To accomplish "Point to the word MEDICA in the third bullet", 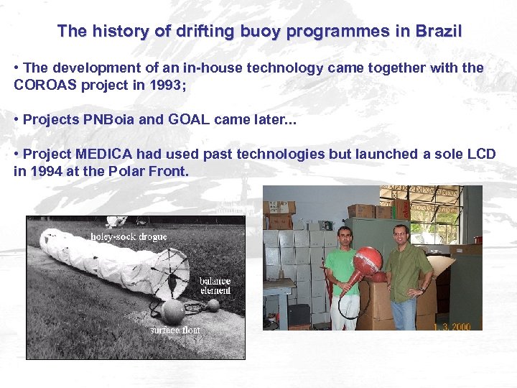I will pos(98,154).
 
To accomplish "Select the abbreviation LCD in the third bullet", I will pos(482,154).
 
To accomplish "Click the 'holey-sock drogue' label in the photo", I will pos(128,236).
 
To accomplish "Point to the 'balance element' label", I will pos(215,285).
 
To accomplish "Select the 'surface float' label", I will pos(175,330).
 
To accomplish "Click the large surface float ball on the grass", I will pos(173,311).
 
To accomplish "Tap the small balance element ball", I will pos(213,305).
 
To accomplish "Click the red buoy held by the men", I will pos(367,260).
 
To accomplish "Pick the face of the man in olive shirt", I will pos(400,233).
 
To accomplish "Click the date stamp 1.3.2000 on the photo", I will pos(452,326).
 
